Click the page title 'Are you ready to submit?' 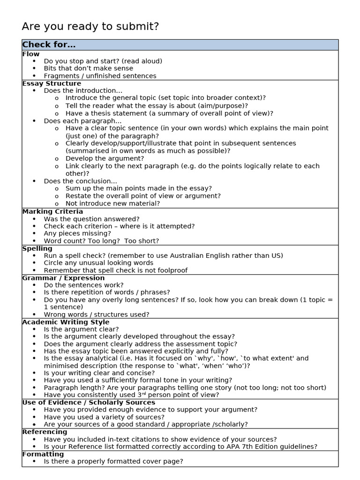tap(90, 27)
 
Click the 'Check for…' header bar tap(49, 45)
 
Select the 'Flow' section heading tap(31, 54)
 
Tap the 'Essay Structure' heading tap(52, 83)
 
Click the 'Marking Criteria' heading tap(52, 211)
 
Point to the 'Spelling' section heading tap(37, 248)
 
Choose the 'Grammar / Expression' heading tap(63, 278)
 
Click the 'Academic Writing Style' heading tap(66, 322)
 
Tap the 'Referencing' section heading tap(45, 432)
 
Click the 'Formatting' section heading tap(43, 454)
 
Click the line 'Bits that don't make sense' tap(89, 68)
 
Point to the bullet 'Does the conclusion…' tap(80, 181)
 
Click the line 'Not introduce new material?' tap(112, 203)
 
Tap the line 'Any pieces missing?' tap(77, 233)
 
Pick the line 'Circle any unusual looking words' tap(98, 263)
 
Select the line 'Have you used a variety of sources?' tap(104, 417)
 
